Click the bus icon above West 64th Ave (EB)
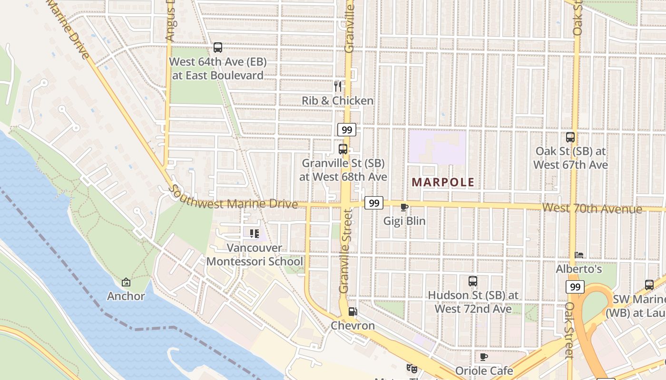pos(218,47)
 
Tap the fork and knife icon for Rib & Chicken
pos(338,86)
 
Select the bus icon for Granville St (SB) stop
pos(343,149)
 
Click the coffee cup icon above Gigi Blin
pos(404,207)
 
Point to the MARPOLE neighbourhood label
pos(443,182)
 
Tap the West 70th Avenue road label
pos(592,208)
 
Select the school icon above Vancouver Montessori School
pos(254,233)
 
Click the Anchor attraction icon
pos(126,282)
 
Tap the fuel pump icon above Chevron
pos(353,312)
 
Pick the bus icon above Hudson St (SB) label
pos(472,281)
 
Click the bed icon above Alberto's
pos(579,255)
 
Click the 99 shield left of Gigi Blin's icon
pos(374,203)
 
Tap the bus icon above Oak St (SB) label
pos(570,137)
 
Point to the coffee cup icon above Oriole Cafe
pos(484,357)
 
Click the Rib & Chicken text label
pos(338,101)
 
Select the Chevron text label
pos(353,326)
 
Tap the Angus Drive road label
pos(170,21)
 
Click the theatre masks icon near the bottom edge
pos(411,368)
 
